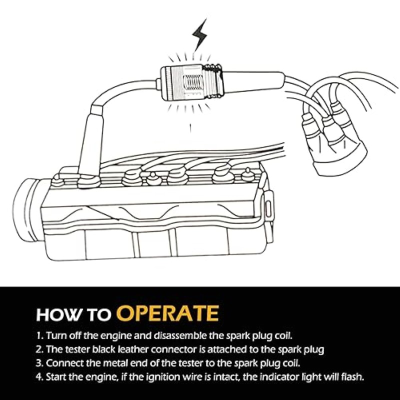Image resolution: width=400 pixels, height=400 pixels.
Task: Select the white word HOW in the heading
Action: [x=54, y=315]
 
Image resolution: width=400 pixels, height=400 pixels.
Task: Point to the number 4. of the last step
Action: [x=39, y=376]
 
